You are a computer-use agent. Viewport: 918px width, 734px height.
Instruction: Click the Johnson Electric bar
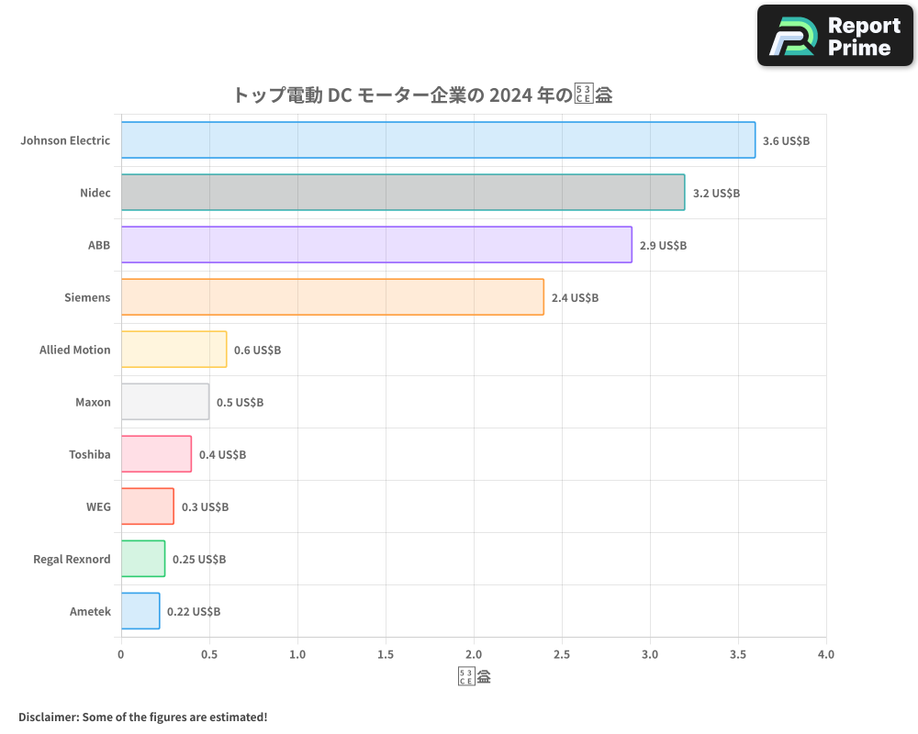tap(438, 140)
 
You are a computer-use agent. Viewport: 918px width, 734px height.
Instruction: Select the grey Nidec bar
tap(402, 193)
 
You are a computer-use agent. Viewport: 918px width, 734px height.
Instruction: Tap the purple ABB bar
tap(376, 245)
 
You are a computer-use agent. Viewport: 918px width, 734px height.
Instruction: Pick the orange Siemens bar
tap(332, 297)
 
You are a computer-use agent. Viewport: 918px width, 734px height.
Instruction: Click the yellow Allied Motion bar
tap(174, 350)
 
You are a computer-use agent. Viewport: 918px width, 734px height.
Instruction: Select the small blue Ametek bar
tap(140, 611)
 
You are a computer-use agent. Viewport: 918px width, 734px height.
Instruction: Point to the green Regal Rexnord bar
tap(143, 559)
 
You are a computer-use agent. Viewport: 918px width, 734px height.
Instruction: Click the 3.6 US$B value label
tap(786, 141)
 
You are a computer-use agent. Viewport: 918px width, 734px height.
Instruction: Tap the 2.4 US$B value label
tap(575, 298)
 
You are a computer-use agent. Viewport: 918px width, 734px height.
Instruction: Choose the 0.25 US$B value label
tap(199, 560)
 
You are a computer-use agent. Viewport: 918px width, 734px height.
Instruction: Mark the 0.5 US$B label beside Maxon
tap(240, 403)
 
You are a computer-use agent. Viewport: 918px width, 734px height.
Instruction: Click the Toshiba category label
tap(89, 454)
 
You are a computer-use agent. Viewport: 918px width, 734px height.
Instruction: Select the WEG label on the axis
tap(97, 506)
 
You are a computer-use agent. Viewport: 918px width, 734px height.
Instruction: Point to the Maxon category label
tap(93, 402)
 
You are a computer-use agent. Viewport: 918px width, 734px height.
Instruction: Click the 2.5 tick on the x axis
tap(562, 654)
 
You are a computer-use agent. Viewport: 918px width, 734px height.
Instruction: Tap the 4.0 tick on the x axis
tap(826, 654)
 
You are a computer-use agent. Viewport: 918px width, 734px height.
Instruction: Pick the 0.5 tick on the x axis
tap(209, 654)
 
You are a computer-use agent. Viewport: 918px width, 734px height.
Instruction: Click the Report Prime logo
tap(834, 36)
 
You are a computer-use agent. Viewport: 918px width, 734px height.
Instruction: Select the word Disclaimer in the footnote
tap(47, 717)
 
